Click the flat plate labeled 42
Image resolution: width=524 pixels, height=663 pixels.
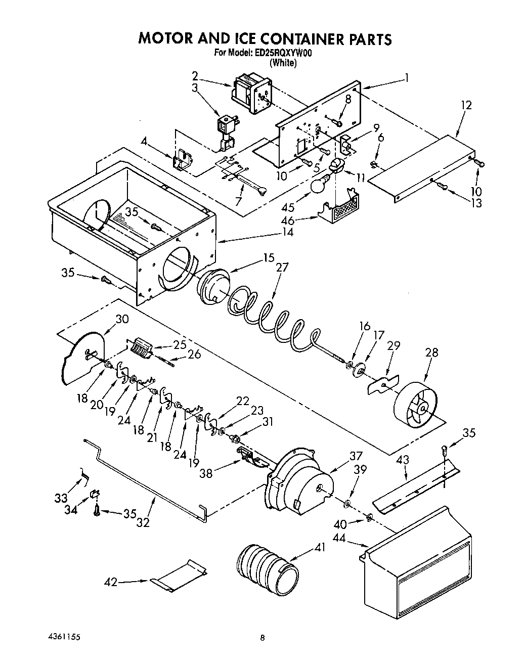click(x=179, y=576)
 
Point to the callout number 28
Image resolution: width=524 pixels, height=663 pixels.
click(x=431, y=352)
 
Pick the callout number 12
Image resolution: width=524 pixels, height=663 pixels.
click(x=466, y=105)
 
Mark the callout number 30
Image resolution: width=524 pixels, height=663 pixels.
click(x=122, y=319)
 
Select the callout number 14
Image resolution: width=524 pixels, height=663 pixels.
click(x=288, y=233)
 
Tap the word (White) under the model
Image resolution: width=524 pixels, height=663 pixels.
click(x=282, y=63)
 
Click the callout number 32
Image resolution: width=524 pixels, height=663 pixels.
click(x=143, y=523)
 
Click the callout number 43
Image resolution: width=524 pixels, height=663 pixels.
click(x=402, y=460)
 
